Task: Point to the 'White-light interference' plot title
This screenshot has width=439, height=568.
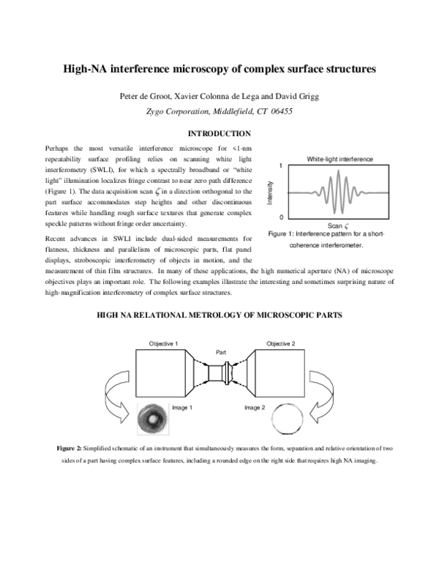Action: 339,159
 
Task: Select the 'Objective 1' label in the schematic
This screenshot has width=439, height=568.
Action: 164,343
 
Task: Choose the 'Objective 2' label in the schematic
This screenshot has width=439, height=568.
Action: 281,343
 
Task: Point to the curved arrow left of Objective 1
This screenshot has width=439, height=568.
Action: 117,395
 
